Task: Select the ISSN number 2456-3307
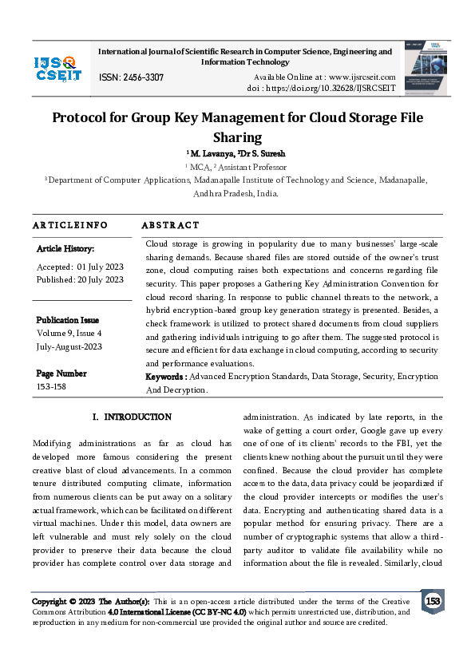point(132,77)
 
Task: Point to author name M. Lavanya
point(211,153)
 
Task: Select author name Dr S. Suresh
point(262,153)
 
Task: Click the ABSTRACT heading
point(170,226)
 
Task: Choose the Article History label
point(65,250)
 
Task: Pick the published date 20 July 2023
point(101,279)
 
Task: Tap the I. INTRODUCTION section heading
point(132,417)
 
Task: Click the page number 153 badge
point(433,600)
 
